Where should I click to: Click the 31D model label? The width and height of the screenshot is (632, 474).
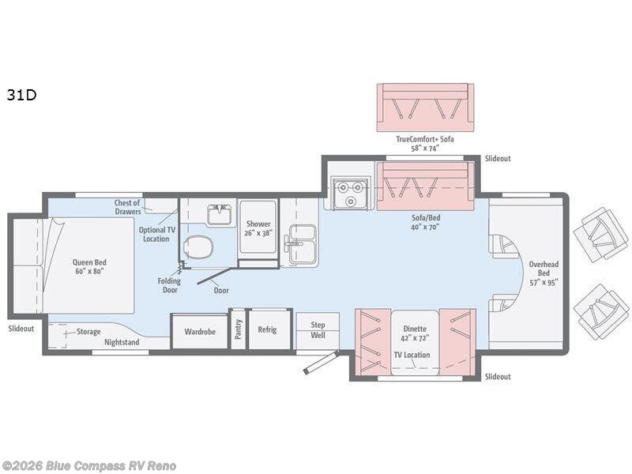(22, 95)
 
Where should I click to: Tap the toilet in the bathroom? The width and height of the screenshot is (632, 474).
(197, 246)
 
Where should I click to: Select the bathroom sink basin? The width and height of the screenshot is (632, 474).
(219, 213)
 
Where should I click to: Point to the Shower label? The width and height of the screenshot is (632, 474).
(258, 224)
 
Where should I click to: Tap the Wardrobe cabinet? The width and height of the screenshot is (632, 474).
(200, 331)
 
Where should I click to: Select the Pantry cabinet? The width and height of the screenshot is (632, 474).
(239, 329)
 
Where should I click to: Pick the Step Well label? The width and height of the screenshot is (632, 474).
(318, 329)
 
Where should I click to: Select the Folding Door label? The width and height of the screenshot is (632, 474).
(169, 285)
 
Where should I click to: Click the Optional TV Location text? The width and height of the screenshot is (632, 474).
(156, 234)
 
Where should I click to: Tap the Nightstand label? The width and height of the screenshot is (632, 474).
(122, 342)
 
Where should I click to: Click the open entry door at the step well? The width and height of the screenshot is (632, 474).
(321, 363)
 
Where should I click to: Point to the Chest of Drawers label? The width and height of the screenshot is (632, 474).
(128, 207)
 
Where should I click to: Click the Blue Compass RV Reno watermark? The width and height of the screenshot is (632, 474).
(88, 466)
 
